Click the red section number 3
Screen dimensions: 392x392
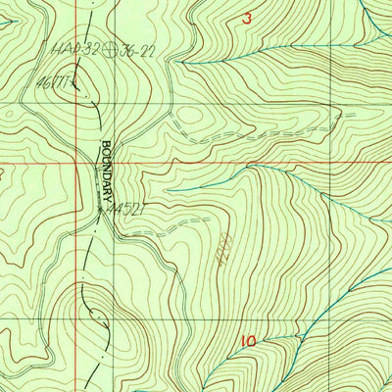point(247,18)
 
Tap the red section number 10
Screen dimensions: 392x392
point(247,341)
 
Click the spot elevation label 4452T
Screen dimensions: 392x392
point(127,209)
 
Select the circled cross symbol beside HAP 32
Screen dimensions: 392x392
point(119,44)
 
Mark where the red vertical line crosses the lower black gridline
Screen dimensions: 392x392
point(80,300)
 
